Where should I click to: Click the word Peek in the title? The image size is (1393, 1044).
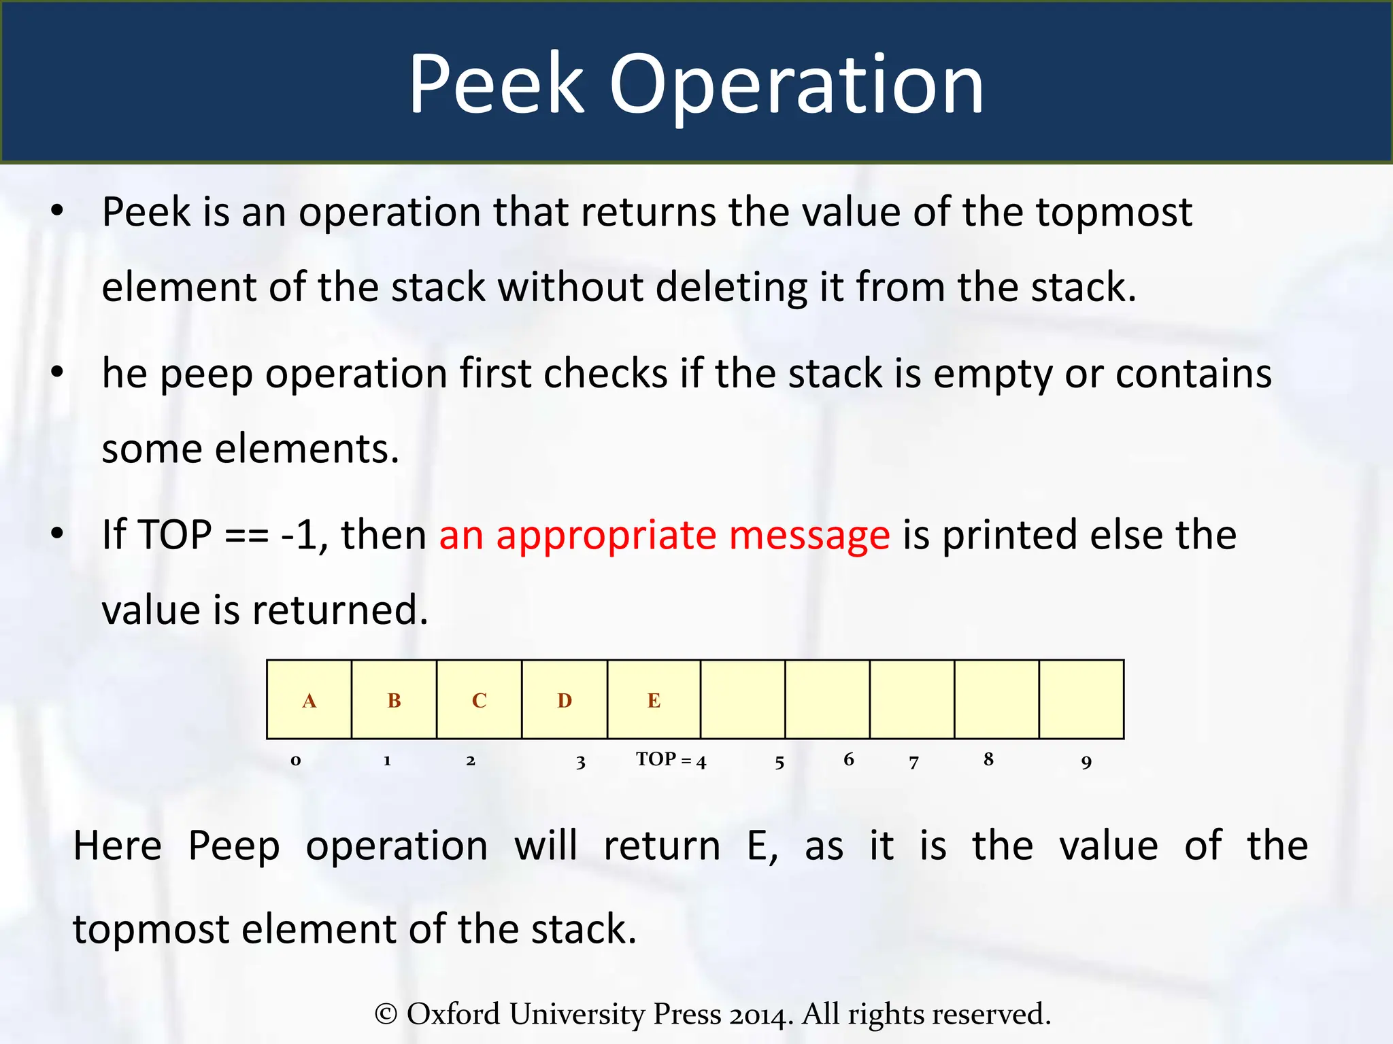pos(496,84)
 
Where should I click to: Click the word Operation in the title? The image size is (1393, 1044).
pos(796,86)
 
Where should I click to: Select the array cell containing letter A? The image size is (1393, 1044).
pos(309,699)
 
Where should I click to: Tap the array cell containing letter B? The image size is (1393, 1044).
pos(395,699)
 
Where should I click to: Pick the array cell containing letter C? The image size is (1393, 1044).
pos(480,699)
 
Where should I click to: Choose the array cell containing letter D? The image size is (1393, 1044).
pos(565,699)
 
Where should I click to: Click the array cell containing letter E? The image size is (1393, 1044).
pos(654,699)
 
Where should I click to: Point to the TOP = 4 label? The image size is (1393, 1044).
pos(671,759)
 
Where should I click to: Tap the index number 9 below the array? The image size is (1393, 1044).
pos(1086,762)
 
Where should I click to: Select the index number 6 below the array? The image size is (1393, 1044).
pos(849,759)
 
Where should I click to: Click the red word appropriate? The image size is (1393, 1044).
pos(606,536)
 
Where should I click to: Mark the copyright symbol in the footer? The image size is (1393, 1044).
pos(386,1014)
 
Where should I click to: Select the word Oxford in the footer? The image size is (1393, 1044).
pos(453,1014)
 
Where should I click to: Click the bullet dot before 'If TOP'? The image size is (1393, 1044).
pos(57,534)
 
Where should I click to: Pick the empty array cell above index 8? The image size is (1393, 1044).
pos(996,699)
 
